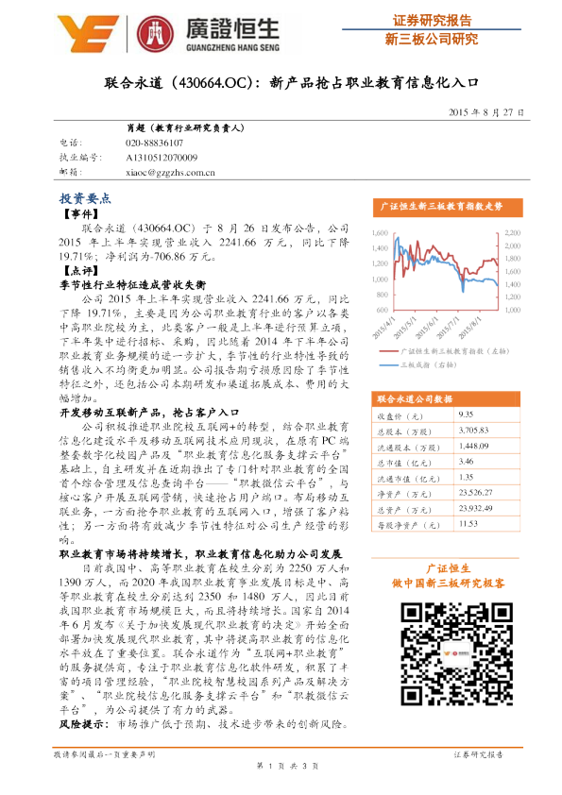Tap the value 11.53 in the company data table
(x=467, y=521)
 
